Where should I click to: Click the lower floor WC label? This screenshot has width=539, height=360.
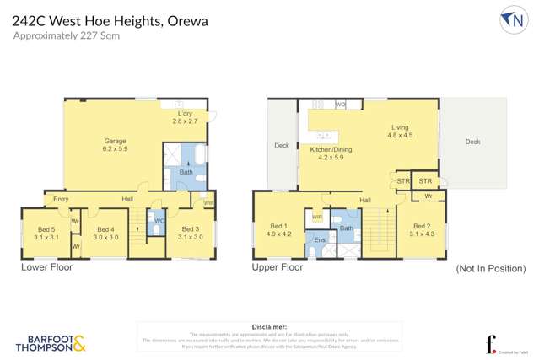[158, 221]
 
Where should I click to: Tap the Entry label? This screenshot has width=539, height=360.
[61, 199]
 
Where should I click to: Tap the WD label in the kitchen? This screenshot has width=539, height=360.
[341, 105]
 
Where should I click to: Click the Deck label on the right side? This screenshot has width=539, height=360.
[472, 142]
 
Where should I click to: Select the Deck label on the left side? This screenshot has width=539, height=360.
[282, 145]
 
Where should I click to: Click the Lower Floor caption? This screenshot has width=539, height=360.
[46, 267]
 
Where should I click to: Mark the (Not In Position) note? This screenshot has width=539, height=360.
[490, 269]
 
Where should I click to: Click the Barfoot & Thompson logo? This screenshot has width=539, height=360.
[51, 342]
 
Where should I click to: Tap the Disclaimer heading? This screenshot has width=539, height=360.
[269, 325]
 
